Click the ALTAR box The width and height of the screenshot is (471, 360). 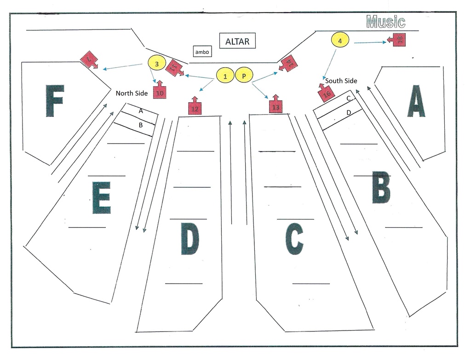(237, 41)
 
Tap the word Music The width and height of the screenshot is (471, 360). (385, 22)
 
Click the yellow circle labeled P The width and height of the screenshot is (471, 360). (244, 76)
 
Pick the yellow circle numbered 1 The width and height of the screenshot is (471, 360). (225, 76)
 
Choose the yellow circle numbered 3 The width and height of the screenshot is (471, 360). (156, 64)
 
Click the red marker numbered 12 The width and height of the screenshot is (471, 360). (195, 108)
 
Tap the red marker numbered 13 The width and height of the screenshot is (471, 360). (276, 106)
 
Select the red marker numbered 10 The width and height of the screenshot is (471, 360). (160, 92)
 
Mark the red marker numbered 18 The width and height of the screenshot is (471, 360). (398, 40)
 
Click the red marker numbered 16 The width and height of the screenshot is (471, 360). (326, 93)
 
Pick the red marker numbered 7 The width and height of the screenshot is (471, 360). (89, 60)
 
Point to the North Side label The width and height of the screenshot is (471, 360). (132, 93)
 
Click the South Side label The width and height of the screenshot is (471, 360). (341, 81)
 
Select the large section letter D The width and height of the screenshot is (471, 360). (190, 238)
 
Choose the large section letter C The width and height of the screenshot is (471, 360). (294, 238)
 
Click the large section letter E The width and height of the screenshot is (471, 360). (101, 198)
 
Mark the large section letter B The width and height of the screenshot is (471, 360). (381, 187)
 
